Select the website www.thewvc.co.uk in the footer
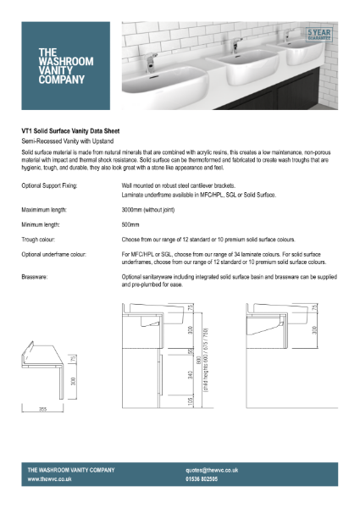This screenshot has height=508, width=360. [x=49, y=478]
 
